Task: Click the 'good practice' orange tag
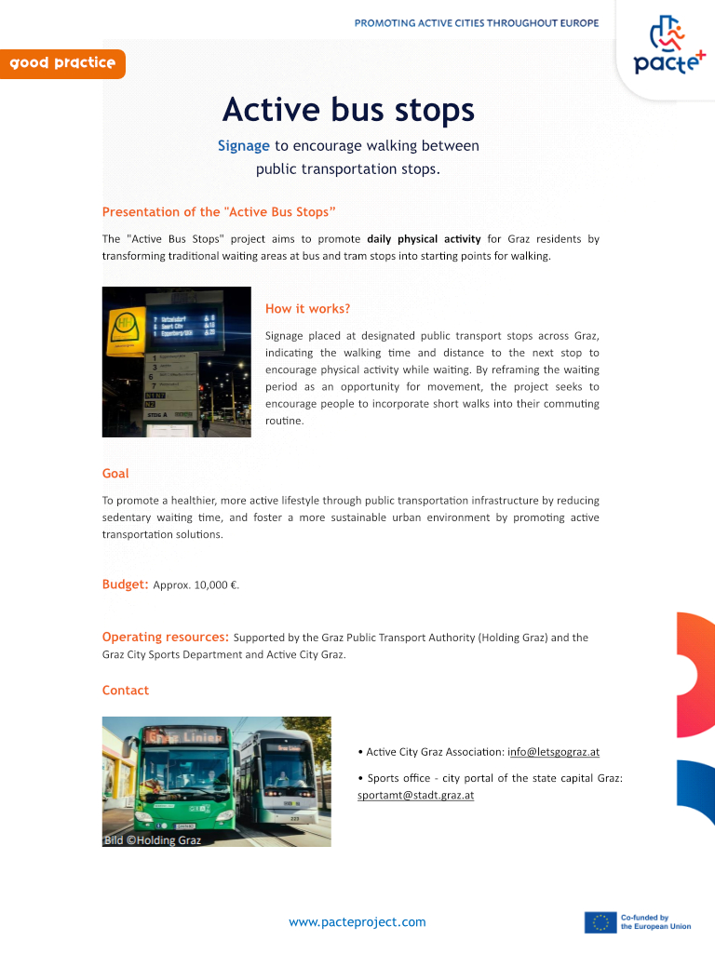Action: [x=62, y=63]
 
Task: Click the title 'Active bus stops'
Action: [x=348, y=110]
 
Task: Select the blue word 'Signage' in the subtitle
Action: [x=244, y=145]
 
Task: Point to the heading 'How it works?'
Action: [x=307, y=309]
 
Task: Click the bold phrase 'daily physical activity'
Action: [x=424, y=239]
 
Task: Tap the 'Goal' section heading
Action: [x=115, y=474]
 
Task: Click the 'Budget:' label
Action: [x=125, y=584]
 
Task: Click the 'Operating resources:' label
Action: [x=165, y=638]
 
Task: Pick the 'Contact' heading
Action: [x=125, y=691]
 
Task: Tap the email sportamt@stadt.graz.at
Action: [x=415, y=796]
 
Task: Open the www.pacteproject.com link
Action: [x=357, y=922]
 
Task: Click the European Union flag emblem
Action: [x=600, y=922]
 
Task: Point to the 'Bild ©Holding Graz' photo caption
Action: [x=152, y=840]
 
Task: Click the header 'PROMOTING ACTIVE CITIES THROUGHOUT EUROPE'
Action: [x=476, y=22]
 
